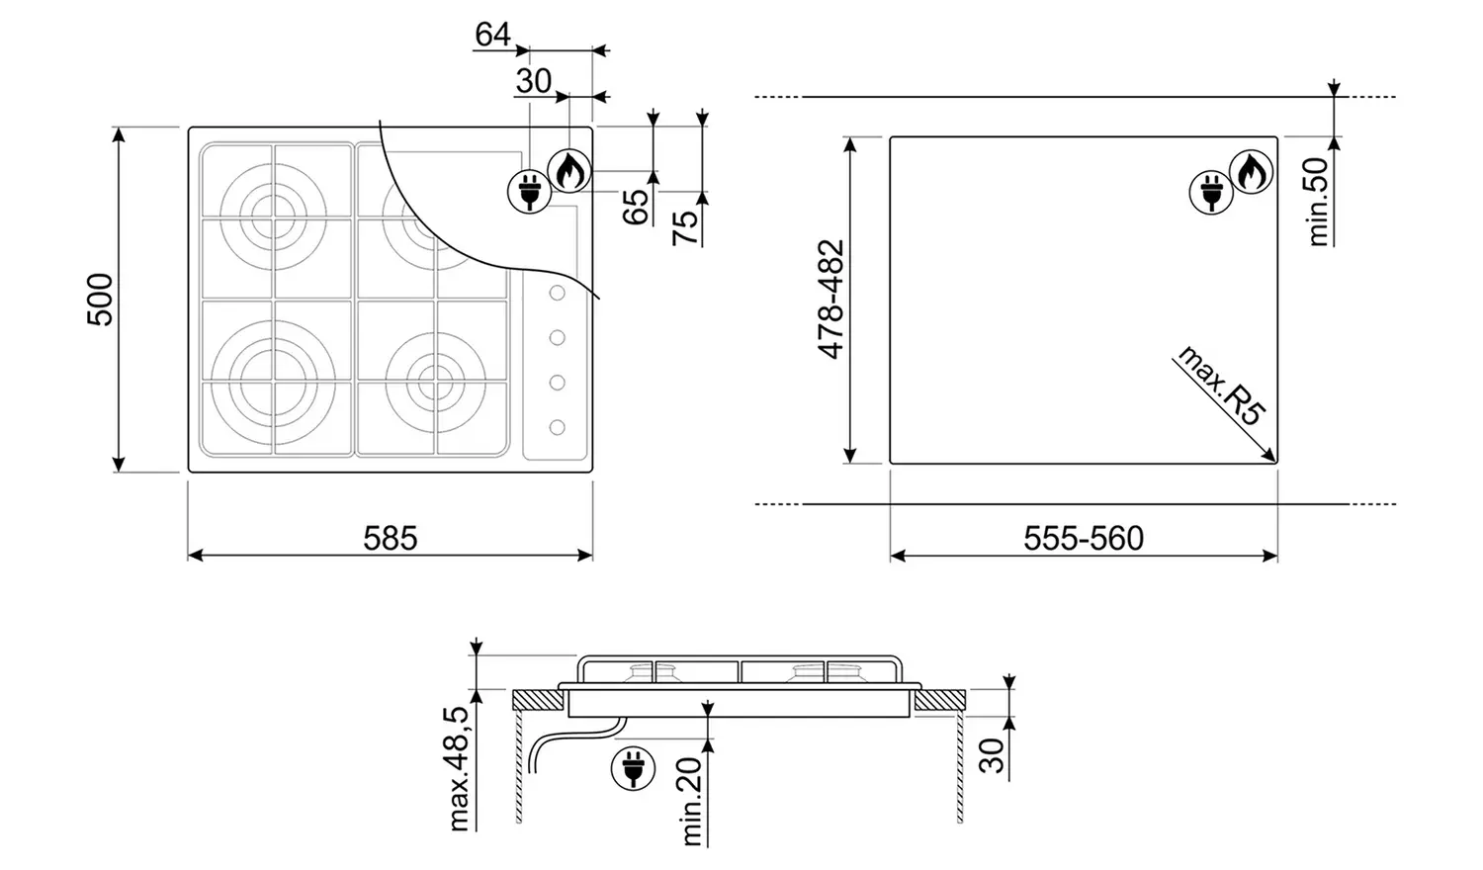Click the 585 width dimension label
point(391,539)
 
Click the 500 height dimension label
point(101,299)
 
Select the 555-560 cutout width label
point(1084,539)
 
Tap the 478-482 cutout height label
point(830,299)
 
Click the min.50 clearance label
point(1319,203)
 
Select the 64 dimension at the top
point(492,35)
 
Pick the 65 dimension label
point(637,204)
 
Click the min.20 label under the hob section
point(692,801)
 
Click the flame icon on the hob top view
point(568,170)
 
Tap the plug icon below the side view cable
point(633,768)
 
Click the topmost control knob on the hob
point(557,294)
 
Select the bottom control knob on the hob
point(557,426)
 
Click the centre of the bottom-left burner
point(265,381)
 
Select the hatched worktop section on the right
point(939,701)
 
